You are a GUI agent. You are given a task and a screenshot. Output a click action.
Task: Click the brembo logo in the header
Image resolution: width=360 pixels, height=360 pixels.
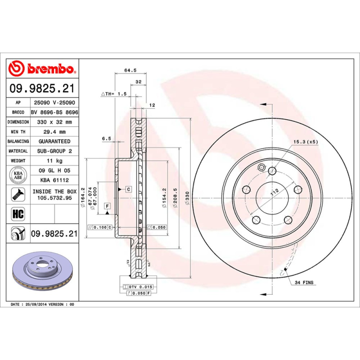tap(43, 68)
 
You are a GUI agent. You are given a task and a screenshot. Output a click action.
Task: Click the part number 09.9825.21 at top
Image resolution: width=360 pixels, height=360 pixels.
tap(43, 89)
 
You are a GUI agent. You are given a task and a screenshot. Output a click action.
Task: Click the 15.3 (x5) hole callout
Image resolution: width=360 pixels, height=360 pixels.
tap(306, 142)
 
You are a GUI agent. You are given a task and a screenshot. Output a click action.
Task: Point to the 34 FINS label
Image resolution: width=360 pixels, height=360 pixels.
tap(305, 283)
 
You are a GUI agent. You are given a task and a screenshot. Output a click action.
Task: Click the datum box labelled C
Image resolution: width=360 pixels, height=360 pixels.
tap(128, 189)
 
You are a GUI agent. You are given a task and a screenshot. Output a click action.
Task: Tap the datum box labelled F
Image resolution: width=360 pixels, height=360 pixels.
tap(107, 206)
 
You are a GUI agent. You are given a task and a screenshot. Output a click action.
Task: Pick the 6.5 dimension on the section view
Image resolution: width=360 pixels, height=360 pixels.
tap(106, 139)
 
